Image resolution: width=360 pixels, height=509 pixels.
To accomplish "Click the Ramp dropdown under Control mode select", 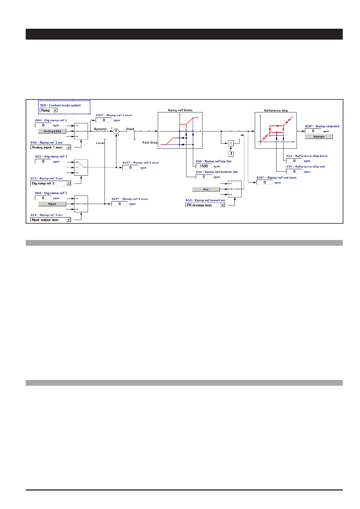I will [x=49, y=110].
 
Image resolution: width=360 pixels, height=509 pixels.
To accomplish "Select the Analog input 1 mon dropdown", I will [x=51, y=147].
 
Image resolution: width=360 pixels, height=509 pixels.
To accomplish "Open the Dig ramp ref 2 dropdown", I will [x=51, y=183].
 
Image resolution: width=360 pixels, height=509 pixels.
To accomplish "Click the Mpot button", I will [x=52, y=204].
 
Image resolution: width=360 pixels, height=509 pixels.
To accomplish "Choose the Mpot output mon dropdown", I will [x=51, y=220].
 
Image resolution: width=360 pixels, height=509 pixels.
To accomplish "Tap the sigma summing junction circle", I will [x=116, y=131].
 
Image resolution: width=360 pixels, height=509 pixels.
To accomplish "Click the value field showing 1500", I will [x=204, y=166].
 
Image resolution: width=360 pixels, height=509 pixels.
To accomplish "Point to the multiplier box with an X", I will [x=231, y=143].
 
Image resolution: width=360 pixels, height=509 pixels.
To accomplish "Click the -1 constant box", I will [x=231, y=154].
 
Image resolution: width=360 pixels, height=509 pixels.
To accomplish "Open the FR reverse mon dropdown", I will [x=205, y=205].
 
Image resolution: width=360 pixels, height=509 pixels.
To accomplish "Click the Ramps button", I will [x=319, y=137].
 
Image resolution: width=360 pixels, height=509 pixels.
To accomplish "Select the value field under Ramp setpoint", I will [x=313, y=131].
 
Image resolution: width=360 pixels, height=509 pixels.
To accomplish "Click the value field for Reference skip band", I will [x=294, y=161].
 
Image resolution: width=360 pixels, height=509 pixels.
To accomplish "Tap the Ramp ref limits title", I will [x=180, y=110].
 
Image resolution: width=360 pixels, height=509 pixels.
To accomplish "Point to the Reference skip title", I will [x=276, y=111].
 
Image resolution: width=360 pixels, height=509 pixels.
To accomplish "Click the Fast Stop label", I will [x=150, y=143].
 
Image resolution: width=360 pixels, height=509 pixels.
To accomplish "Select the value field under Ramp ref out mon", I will [x=264, y=183].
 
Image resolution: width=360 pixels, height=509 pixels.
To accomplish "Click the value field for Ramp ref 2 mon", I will [x=130, y=167].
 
